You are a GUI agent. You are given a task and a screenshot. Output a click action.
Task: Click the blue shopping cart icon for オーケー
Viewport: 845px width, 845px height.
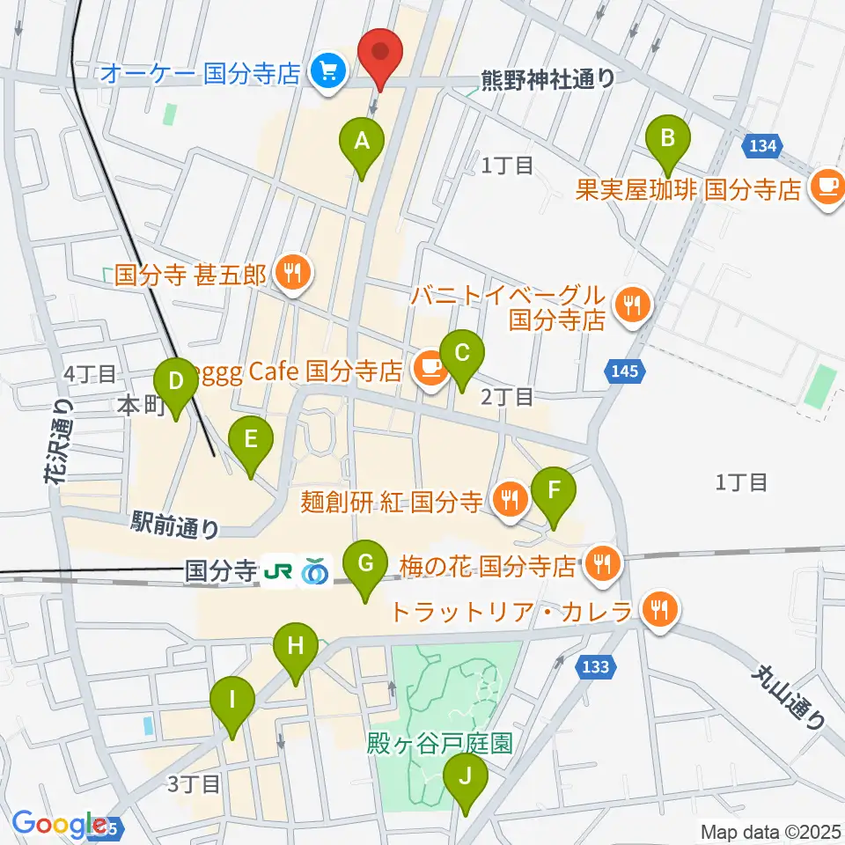328,70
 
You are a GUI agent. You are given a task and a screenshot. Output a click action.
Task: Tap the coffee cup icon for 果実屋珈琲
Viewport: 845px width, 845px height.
826,186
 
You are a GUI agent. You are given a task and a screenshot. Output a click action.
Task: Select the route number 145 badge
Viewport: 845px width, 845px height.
621,373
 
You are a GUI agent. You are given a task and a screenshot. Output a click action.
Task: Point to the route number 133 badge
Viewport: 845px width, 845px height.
595,668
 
